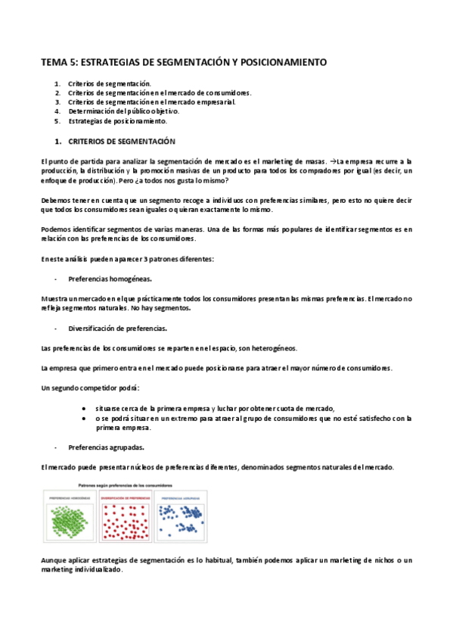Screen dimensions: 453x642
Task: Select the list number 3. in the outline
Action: coord(57,101)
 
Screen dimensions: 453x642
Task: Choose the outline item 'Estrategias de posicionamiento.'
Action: coord(117,120)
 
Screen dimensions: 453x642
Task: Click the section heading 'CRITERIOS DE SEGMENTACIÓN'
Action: coord(122,142)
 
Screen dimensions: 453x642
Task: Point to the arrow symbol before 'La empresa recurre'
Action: coord(333,161)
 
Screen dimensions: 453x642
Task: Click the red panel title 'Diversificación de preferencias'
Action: coord(125,497)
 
